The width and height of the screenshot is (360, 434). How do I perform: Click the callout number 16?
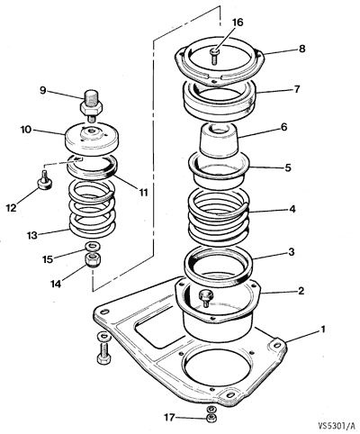(x=238, y=23)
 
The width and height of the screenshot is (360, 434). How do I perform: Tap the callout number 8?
(x=301, y=49)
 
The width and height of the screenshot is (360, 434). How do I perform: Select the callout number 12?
(x=12, y=207)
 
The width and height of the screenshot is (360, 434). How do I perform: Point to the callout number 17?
(x=169, y=417)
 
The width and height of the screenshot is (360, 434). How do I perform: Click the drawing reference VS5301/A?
(x=337, y=425)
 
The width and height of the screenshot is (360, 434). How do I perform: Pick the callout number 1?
(x=323, y=330)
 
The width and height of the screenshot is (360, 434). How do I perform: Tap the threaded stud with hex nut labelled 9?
(x=92, y=106)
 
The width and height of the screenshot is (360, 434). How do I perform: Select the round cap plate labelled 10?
(x=92, y=138)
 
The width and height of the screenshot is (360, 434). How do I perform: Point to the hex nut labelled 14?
(x=93, y=260)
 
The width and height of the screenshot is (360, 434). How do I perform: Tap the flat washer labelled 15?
(x=93, y=247)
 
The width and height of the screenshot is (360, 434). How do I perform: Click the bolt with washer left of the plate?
(x=103, y=348)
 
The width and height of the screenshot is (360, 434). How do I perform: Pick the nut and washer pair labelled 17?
(x=211, y=414)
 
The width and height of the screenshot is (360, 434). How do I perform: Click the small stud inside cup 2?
(x=207, y=299)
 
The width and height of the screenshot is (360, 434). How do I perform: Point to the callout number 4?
(x=292, y=209)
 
